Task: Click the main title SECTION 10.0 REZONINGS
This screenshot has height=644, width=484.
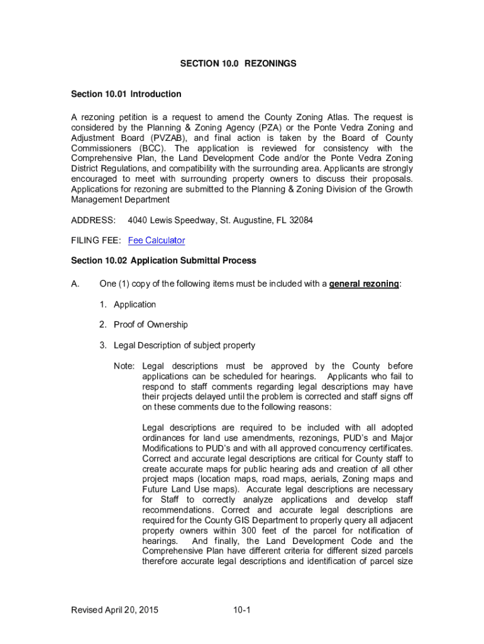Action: [x=238, y=64]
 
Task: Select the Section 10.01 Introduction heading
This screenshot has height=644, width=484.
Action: [x=126, y=94]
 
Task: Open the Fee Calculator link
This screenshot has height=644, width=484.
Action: [x=157, y=241]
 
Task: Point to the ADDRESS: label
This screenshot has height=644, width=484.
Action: [x=93, y=221]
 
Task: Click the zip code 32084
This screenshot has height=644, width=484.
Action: [x=300, y=221]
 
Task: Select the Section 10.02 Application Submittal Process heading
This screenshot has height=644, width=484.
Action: [x=163, y=260]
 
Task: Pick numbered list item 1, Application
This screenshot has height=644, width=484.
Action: [x=135, y=304]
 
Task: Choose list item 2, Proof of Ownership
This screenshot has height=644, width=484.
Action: [x=150, y=325]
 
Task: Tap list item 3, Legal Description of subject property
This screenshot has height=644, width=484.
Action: [x=184, y=345]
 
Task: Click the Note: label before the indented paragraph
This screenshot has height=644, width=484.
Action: [x=124, y=366]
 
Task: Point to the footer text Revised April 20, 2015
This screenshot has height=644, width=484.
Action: [x=115, y=610]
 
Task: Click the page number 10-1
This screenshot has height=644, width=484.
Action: [x=242, y=610]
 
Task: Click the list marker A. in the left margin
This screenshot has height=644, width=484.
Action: [x=76, y=284]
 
